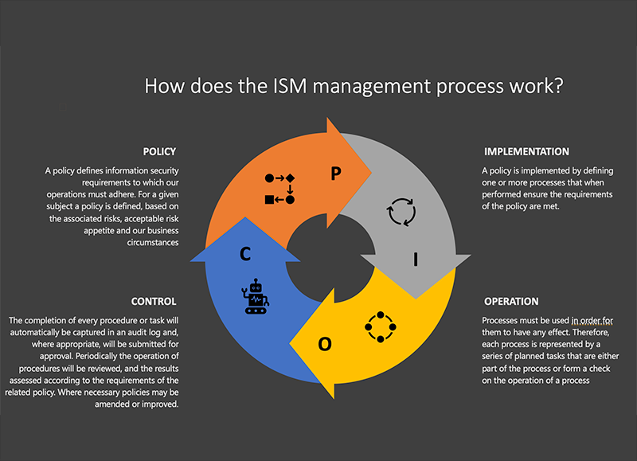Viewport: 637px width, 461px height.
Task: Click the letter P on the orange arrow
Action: pos(335,174)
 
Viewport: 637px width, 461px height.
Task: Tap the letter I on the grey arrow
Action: pos(416,259)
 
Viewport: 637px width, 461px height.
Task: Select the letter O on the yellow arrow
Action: pos(325,344)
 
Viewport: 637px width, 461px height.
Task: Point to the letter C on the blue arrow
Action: pos(245,254)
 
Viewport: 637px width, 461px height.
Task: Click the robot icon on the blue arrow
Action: pos(256,296)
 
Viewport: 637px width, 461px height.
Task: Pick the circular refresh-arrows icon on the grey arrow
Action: pos(401,212)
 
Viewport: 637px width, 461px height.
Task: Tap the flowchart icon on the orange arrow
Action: pos(279,189)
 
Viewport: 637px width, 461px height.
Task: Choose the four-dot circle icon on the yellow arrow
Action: pos(381,327)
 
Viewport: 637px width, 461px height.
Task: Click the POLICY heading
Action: pos(159,151)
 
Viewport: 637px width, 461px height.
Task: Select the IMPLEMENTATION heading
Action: pos(526,151)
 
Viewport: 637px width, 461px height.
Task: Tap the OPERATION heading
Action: pos(511,302)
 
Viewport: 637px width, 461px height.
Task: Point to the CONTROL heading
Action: pos(154,302)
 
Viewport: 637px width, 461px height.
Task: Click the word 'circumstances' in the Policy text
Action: pos(153,243)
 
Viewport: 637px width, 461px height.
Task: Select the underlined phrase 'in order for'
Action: pos(592,321)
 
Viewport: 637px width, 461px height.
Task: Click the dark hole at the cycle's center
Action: pos(330,258)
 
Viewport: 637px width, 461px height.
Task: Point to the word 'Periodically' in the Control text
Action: pos(98,356)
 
